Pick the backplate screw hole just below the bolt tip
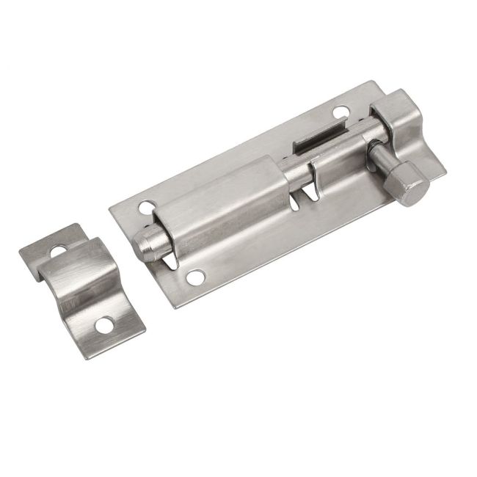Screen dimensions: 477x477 [194, 277]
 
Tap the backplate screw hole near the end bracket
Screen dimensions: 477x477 [340, 113]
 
